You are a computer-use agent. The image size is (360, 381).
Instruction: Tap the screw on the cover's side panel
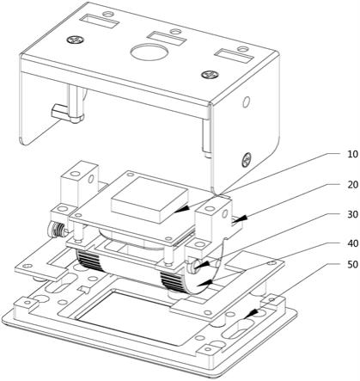(x=247, y=160)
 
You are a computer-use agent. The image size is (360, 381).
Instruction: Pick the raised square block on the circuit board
(x=149, y=200)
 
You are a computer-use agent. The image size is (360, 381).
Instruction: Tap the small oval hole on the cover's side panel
(x=246, y=101)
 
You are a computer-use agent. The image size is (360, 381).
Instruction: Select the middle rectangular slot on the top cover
(x=166, y=39)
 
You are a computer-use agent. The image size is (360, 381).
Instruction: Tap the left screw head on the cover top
(x=76, y=40)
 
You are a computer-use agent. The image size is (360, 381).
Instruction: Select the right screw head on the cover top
(x=211, y=75)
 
